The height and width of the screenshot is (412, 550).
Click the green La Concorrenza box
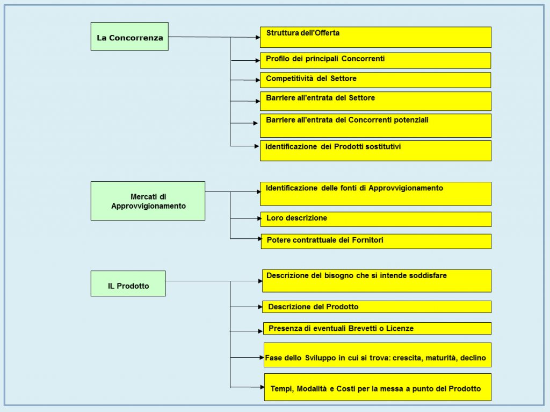click(129, 37)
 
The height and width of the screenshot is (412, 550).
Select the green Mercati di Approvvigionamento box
click(148, 201)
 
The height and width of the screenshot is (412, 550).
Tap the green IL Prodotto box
click(128, 283)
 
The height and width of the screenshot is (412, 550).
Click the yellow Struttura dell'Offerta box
click(375, 37)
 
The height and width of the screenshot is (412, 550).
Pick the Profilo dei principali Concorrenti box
click(375, 60)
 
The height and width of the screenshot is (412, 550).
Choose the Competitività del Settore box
click(375, 80)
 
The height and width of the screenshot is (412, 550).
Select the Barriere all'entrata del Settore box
click(375, 101)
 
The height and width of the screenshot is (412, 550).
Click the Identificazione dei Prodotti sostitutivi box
click(375, 151)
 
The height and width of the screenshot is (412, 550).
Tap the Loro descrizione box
click(376, 219)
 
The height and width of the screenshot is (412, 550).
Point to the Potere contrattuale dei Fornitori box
click(376, 241)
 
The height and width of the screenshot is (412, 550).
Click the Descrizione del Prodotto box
click(377, 307)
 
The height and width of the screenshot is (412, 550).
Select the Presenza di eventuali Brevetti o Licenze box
click(377, 329)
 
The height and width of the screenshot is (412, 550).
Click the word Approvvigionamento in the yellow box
click(406, 188)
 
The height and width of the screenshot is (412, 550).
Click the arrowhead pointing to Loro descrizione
click(259, 218)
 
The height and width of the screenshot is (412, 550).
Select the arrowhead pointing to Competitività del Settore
click(258, 80)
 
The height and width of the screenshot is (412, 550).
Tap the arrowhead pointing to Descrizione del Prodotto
click(260, 307)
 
